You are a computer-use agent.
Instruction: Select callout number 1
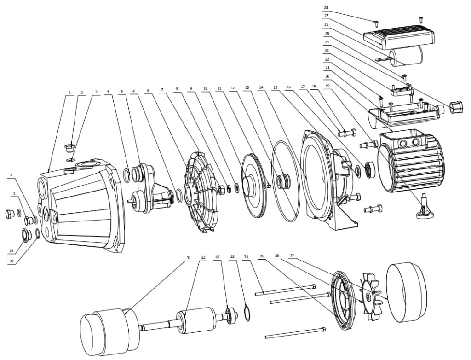click(69, 92)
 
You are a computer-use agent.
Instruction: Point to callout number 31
click(188, 258)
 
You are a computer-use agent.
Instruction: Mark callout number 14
click(261, 87)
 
